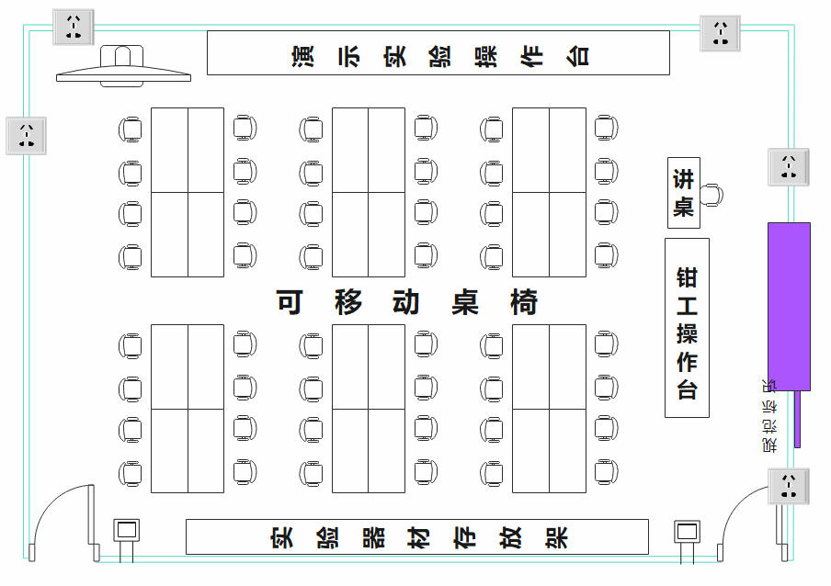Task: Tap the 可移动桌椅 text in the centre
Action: pos(407,302)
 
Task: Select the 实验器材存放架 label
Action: pos(418,537)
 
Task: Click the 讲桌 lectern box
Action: pos(683,193)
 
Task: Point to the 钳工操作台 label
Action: pos(687,328)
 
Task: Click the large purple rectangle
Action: pos(789,306)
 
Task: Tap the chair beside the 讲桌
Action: pos(711,195)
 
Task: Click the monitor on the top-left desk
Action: pos(123,67)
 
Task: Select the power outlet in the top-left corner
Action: pos(74,27)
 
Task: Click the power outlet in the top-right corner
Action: pos(721,32)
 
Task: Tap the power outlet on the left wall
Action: pos(27,135)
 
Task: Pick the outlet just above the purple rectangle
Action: pos(789,166)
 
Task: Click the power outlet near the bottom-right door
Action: pos(789,486)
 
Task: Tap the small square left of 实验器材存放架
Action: pos(126,531)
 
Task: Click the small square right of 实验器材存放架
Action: pos(687,532)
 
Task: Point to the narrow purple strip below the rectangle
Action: pos(797,419)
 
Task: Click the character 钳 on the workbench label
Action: pos(687,276)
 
